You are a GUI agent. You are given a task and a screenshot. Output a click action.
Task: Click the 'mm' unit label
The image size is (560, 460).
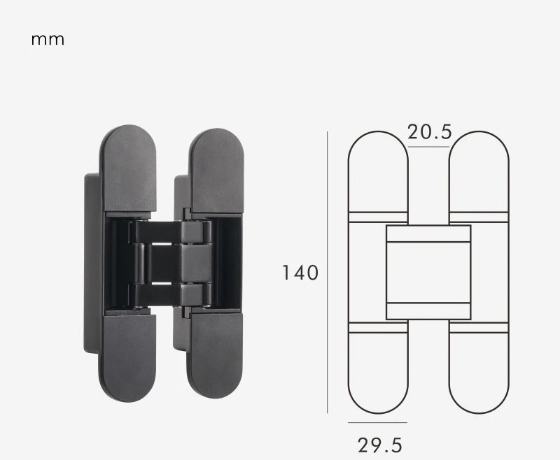(48, 39)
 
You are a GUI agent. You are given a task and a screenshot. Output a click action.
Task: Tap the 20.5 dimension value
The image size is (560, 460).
(429, 132)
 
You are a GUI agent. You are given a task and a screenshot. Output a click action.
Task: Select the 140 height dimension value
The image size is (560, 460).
(300, 273)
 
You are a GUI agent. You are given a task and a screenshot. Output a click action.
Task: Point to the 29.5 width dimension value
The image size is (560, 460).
(380, 445)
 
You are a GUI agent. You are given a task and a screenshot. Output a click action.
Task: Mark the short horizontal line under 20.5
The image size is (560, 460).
(428, 148)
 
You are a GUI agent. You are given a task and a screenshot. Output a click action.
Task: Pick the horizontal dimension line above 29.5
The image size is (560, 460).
(377, 423)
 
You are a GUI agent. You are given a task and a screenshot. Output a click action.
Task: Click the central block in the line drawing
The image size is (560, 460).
(428, 273)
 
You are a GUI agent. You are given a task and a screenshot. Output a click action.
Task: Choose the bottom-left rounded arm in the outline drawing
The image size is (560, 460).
(378, 371)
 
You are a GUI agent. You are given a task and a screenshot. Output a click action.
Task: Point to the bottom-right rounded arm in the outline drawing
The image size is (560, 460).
(479, 371)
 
